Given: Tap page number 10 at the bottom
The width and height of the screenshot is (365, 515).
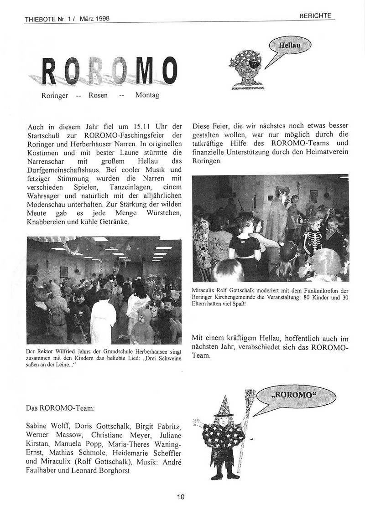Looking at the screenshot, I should tap(181, 497).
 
